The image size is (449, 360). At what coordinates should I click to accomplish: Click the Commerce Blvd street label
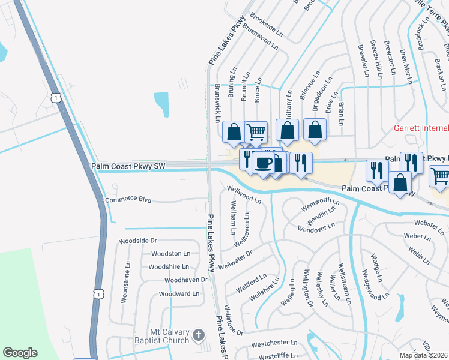click(x=128, y=200)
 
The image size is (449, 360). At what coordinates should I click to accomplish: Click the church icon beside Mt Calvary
click(x=199, y=336)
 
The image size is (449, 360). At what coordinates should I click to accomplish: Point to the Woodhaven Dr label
click(x=186, y=280)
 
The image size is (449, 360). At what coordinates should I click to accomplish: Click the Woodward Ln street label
click(x=179, y=294)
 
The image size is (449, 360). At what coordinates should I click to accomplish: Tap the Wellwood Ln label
click(x=244, y=194)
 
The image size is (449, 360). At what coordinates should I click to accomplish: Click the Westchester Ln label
click(x=274, y=344)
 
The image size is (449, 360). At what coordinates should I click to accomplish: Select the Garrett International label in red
click(x=421, y=128)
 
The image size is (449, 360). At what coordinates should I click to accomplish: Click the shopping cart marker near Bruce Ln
click(x=256, y=131)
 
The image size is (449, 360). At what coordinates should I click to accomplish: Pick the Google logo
click(x=20, y=353)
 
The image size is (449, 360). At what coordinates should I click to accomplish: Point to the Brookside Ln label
click(x=267, y=22)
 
